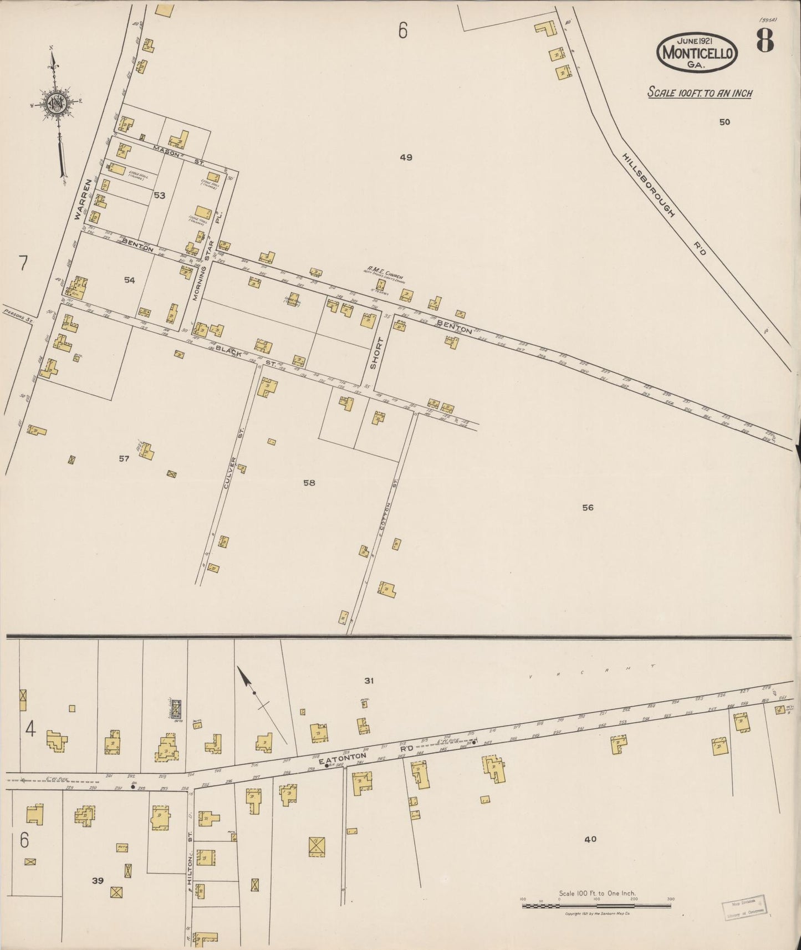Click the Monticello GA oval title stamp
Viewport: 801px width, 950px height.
697,53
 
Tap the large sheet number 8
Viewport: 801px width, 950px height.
765,40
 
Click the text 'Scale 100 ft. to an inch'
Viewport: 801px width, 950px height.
700,93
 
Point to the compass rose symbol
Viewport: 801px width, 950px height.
56,103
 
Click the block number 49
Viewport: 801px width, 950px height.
406,157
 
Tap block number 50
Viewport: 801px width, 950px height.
725,122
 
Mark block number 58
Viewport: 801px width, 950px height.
309,483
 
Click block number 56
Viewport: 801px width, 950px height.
588,507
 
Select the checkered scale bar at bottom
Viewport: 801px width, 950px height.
596,906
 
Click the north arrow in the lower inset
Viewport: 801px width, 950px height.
247,681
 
